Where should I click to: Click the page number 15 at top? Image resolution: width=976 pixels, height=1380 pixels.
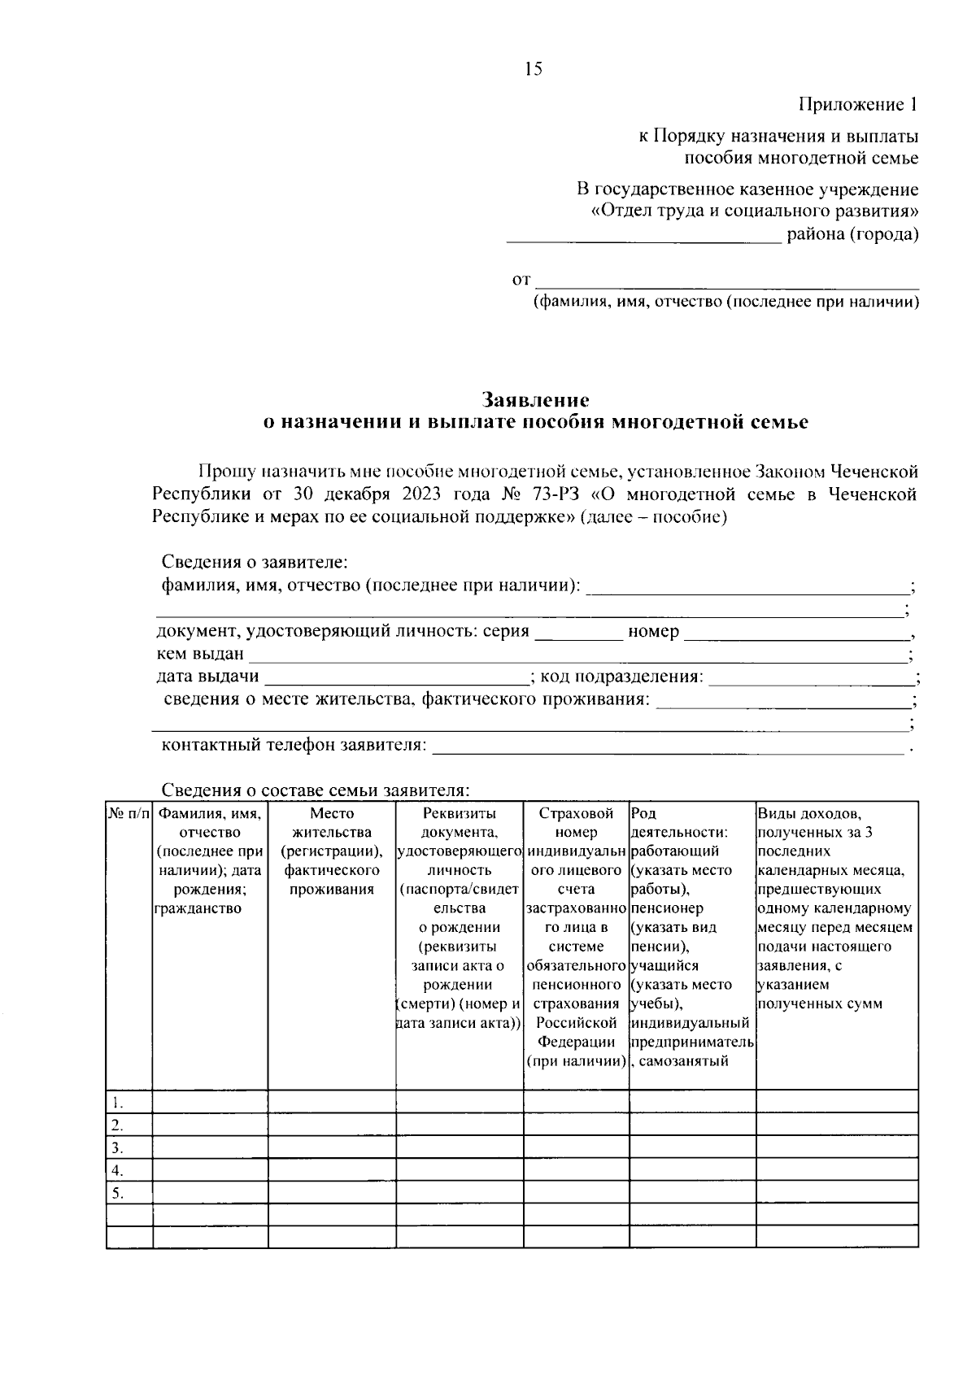(533, 69)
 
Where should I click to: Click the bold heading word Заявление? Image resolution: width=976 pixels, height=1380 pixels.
(535, 400)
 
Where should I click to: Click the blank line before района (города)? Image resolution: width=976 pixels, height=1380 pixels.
(643, 237)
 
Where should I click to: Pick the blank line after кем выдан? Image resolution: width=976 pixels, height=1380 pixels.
(577, 655)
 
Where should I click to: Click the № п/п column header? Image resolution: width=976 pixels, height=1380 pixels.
(129, 814)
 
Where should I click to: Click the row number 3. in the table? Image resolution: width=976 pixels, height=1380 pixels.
(118, 1148)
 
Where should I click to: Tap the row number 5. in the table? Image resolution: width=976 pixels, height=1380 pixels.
(118, 1194)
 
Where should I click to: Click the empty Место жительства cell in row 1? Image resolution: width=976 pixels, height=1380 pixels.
(331, 1102)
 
